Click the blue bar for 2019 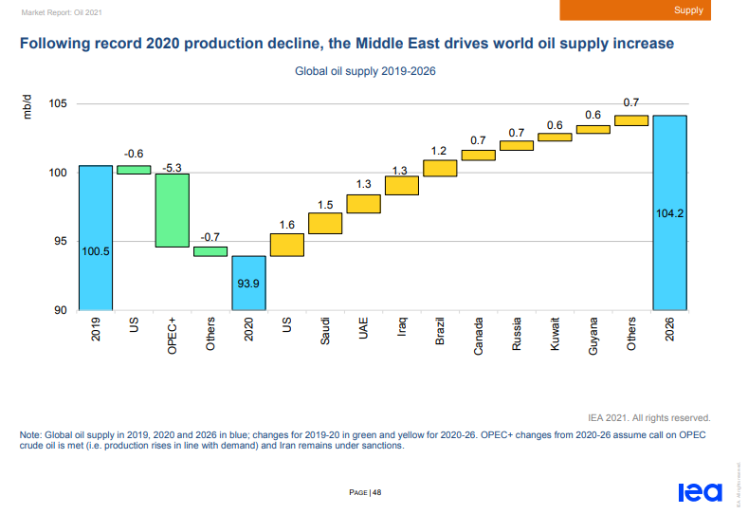click(x=95, y=237)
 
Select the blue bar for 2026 click(x=669, y=212)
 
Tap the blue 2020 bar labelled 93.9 click(x=248, y=283)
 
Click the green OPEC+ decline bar click(x=172, y=210)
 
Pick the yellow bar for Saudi click(x=325, y=223)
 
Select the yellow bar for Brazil click(x=440, y=168)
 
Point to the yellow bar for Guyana click(x=593, y=129)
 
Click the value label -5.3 click(x=173, y=167)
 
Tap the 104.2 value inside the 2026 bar click(x=669, y=214)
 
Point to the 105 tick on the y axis click(x=60, y=103)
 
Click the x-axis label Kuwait click(x=555, y=336)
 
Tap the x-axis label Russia click(x=517, y=336)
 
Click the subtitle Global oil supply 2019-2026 click(x=365, y=70)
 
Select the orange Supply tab click(x=688, y=10)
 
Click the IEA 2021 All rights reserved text click(x=648, y=416)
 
